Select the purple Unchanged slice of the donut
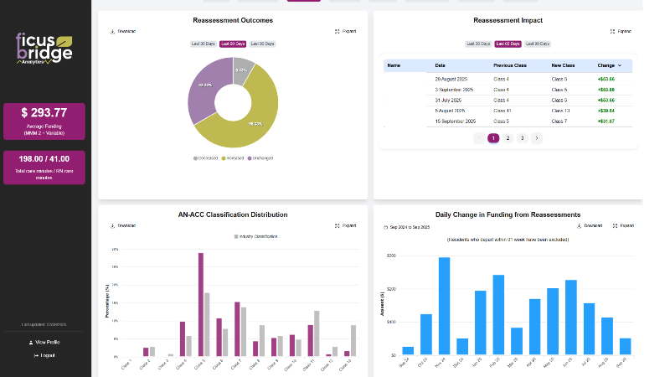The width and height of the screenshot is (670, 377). coord(201,90)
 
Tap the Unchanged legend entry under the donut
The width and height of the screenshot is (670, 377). coord(261,158)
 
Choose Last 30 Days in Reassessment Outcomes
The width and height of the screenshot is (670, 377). coord(204,44)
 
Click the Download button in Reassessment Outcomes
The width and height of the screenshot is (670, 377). coord(123,31)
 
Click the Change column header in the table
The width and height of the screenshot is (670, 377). coord(608,65)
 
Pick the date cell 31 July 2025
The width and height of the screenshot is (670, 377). coord(449,100)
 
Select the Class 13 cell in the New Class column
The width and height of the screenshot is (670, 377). coord(560,110)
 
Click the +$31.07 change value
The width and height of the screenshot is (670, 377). coord(606,121)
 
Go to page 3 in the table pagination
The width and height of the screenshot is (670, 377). coord(522,137)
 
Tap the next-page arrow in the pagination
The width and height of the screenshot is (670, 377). coord(537,137)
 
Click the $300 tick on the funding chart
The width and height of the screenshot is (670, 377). coord(391,256)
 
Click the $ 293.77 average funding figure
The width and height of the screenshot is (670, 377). coord(44,112)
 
